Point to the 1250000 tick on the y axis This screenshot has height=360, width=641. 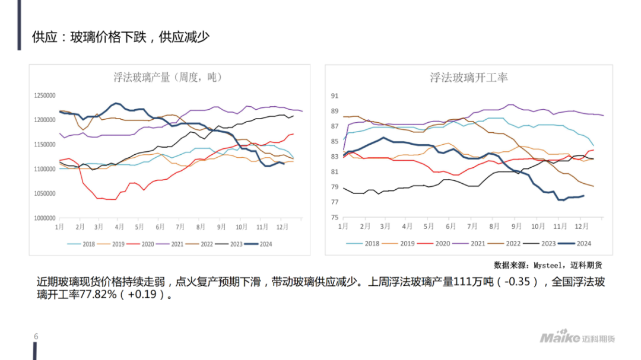[x=45, y=95]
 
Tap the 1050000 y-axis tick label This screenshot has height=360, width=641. [x=45, y=193]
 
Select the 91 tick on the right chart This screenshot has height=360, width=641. [x=334, y=95]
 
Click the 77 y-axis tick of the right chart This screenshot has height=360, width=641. [x=334, y=202]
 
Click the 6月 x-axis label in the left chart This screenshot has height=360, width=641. [x=160, y=227]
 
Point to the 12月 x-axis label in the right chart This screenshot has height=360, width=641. [x=583, y=227]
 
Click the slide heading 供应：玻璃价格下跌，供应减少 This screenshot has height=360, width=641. [x=121, y=37]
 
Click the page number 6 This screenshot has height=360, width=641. [x=36, y=337]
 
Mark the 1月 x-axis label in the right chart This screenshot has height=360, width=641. [x=343, y=227]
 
